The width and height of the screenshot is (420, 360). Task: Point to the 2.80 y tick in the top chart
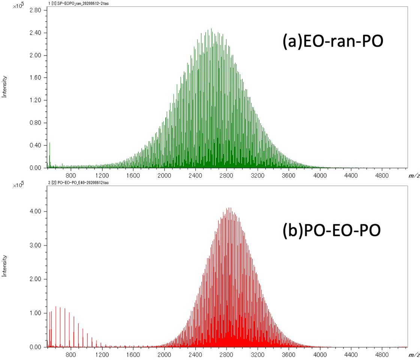36,10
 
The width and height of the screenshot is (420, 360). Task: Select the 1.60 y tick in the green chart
36,78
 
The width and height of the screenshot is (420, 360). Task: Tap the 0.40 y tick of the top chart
36,145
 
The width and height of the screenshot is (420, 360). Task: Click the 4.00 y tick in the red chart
36,211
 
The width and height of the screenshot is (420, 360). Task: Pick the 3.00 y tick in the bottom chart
36,246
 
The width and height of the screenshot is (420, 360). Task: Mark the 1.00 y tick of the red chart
36,313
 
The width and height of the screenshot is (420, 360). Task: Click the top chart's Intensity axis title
5,86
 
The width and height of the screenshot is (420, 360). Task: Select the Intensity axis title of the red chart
5,265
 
